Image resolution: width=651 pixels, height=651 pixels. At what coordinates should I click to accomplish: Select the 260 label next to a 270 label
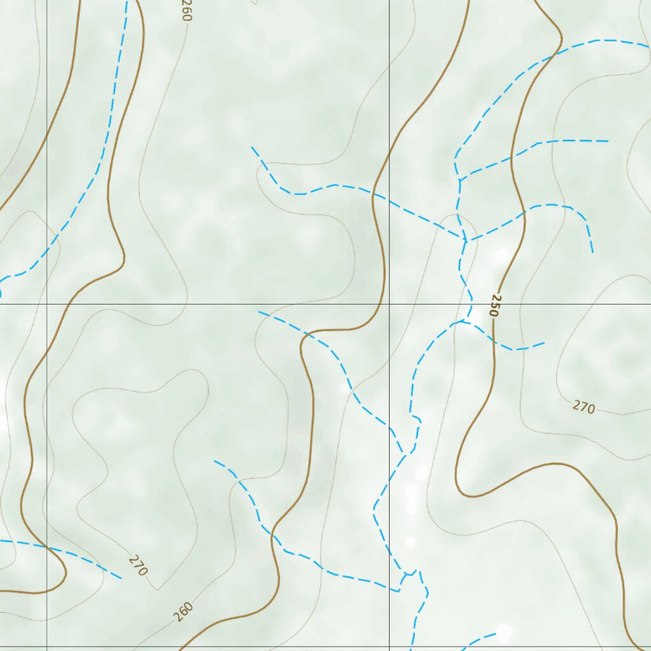coord(182,612)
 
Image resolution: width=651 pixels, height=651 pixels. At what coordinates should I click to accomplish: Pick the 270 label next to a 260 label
coord(138,565)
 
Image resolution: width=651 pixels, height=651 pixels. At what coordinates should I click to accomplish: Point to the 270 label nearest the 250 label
coord(584,407)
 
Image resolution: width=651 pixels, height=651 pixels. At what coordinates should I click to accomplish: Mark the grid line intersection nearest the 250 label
coord(389,304)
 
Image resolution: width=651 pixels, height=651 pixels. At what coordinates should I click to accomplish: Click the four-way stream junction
coord(465,240)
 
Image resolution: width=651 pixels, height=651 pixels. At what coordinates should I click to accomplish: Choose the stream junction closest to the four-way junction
coord(459,181)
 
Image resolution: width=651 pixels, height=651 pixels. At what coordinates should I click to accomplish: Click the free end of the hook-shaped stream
coord(593,252)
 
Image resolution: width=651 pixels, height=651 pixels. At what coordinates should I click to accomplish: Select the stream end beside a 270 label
coord(121,579)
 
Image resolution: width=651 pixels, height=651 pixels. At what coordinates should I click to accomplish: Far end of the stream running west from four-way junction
coord(252,147)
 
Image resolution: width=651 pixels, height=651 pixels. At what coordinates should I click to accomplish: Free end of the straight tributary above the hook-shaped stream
coord(608,141)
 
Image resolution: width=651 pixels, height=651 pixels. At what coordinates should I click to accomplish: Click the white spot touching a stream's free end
coord(504,633)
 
